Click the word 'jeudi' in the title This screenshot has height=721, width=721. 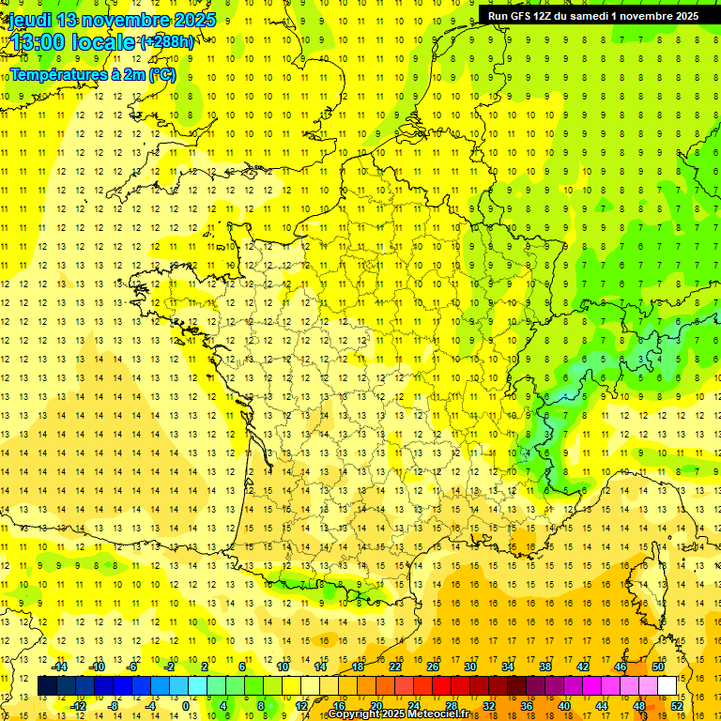pyautogui.click(x=29, y=20)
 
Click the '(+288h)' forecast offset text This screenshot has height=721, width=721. pyautogui.click(x=168, y=42)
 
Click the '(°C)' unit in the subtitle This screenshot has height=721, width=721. pyautogui.click(x=161, y=75)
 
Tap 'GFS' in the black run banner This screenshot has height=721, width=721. pyautogui.click(x=528, y=16)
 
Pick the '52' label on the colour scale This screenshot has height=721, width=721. pyautogui.click(x=677, y=706)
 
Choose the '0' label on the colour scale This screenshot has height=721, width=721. pyautogui.click(x=186, y=706)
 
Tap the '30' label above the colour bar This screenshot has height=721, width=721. pyautogui.click(x=469, y=667)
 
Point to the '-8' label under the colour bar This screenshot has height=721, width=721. pyautogui.click(x=113, y=706)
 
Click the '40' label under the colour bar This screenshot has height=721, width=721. pyautogui.click(x=564, y=706)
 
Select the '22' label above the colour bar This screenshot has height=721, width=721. pyautogui.click(x=395, y=667)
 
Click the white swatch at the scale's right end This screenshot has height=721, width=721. pyautogui.click(x=667, y=686)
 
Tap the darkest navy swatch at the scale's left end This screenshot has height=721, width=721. pyautogui.click(x=47, y=686)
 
